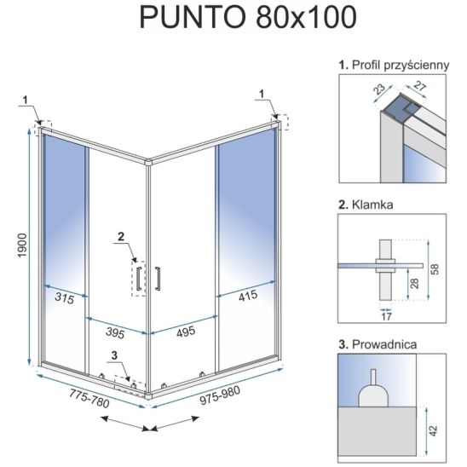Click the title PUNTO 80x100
click(x=248, y=17)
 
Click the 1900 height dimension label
click(x=22, y=245)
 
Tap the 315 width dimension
click(x=65, y=298)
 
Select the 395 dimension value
click(x=115, y=332)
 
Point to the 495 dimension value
click(x=186, y=332)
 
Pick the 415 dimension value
click(x=248, y=296)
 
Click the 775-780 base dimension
click(x=89, y=399)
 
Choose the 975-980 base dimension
click(x=220, y=395)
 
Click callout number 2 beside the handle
click(x=121, y=236)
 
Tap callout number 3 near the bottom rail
click(x=114, y=355)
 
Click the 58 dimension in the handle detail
click(x=435, y=269)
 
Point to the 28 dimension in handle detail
click(x=414, y=283)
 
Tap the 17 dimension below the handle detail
click(x=386, y=317)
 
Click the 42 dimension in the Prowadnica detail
click(x=433, y=431)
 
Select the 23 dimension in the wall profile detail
click(x=379, y=89)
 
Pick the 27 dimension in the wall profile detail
click(x=419, y=87)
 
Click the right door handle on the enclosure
click(x=158, y=279)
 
